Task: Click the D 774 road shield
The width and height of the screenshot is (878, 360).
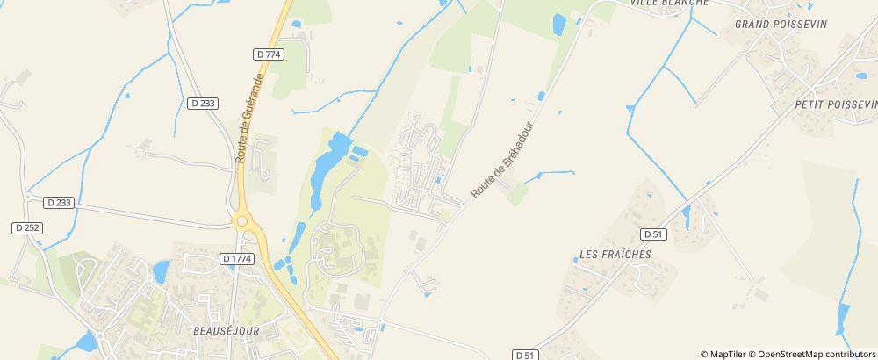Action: tap(269, 54)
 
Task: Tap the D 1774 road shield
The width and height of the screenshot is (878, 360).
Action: tap(237, 259)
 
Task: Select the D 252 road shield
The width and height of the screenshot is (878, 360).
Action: tap(28, 227)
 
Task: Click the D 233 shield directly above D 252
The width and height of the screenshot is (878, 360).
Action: tap(58, 202)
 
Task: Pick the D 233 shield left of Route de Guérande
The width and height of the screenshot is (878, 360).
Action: tap(203, 103)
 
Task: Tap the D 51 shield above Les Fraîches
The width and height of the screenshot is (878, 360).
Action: tap(653, 234)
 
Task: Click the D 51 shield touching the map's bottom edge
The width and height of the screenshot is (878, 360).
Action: tap(525, 355)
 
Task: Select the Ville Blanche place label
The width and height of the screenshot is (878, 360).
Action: tap(669, 4)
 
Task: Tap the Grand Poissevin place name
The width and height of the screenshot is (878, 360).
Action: tap(775, 24)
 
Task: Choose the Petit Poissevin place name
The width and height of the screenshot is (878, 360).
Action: tap(835, 104)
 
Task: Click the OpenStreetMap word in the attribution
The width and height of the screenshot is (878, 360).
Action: tap(789, 354)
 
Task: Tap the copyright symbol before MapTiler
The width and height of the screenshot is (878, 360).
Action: tap(705, 354)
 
